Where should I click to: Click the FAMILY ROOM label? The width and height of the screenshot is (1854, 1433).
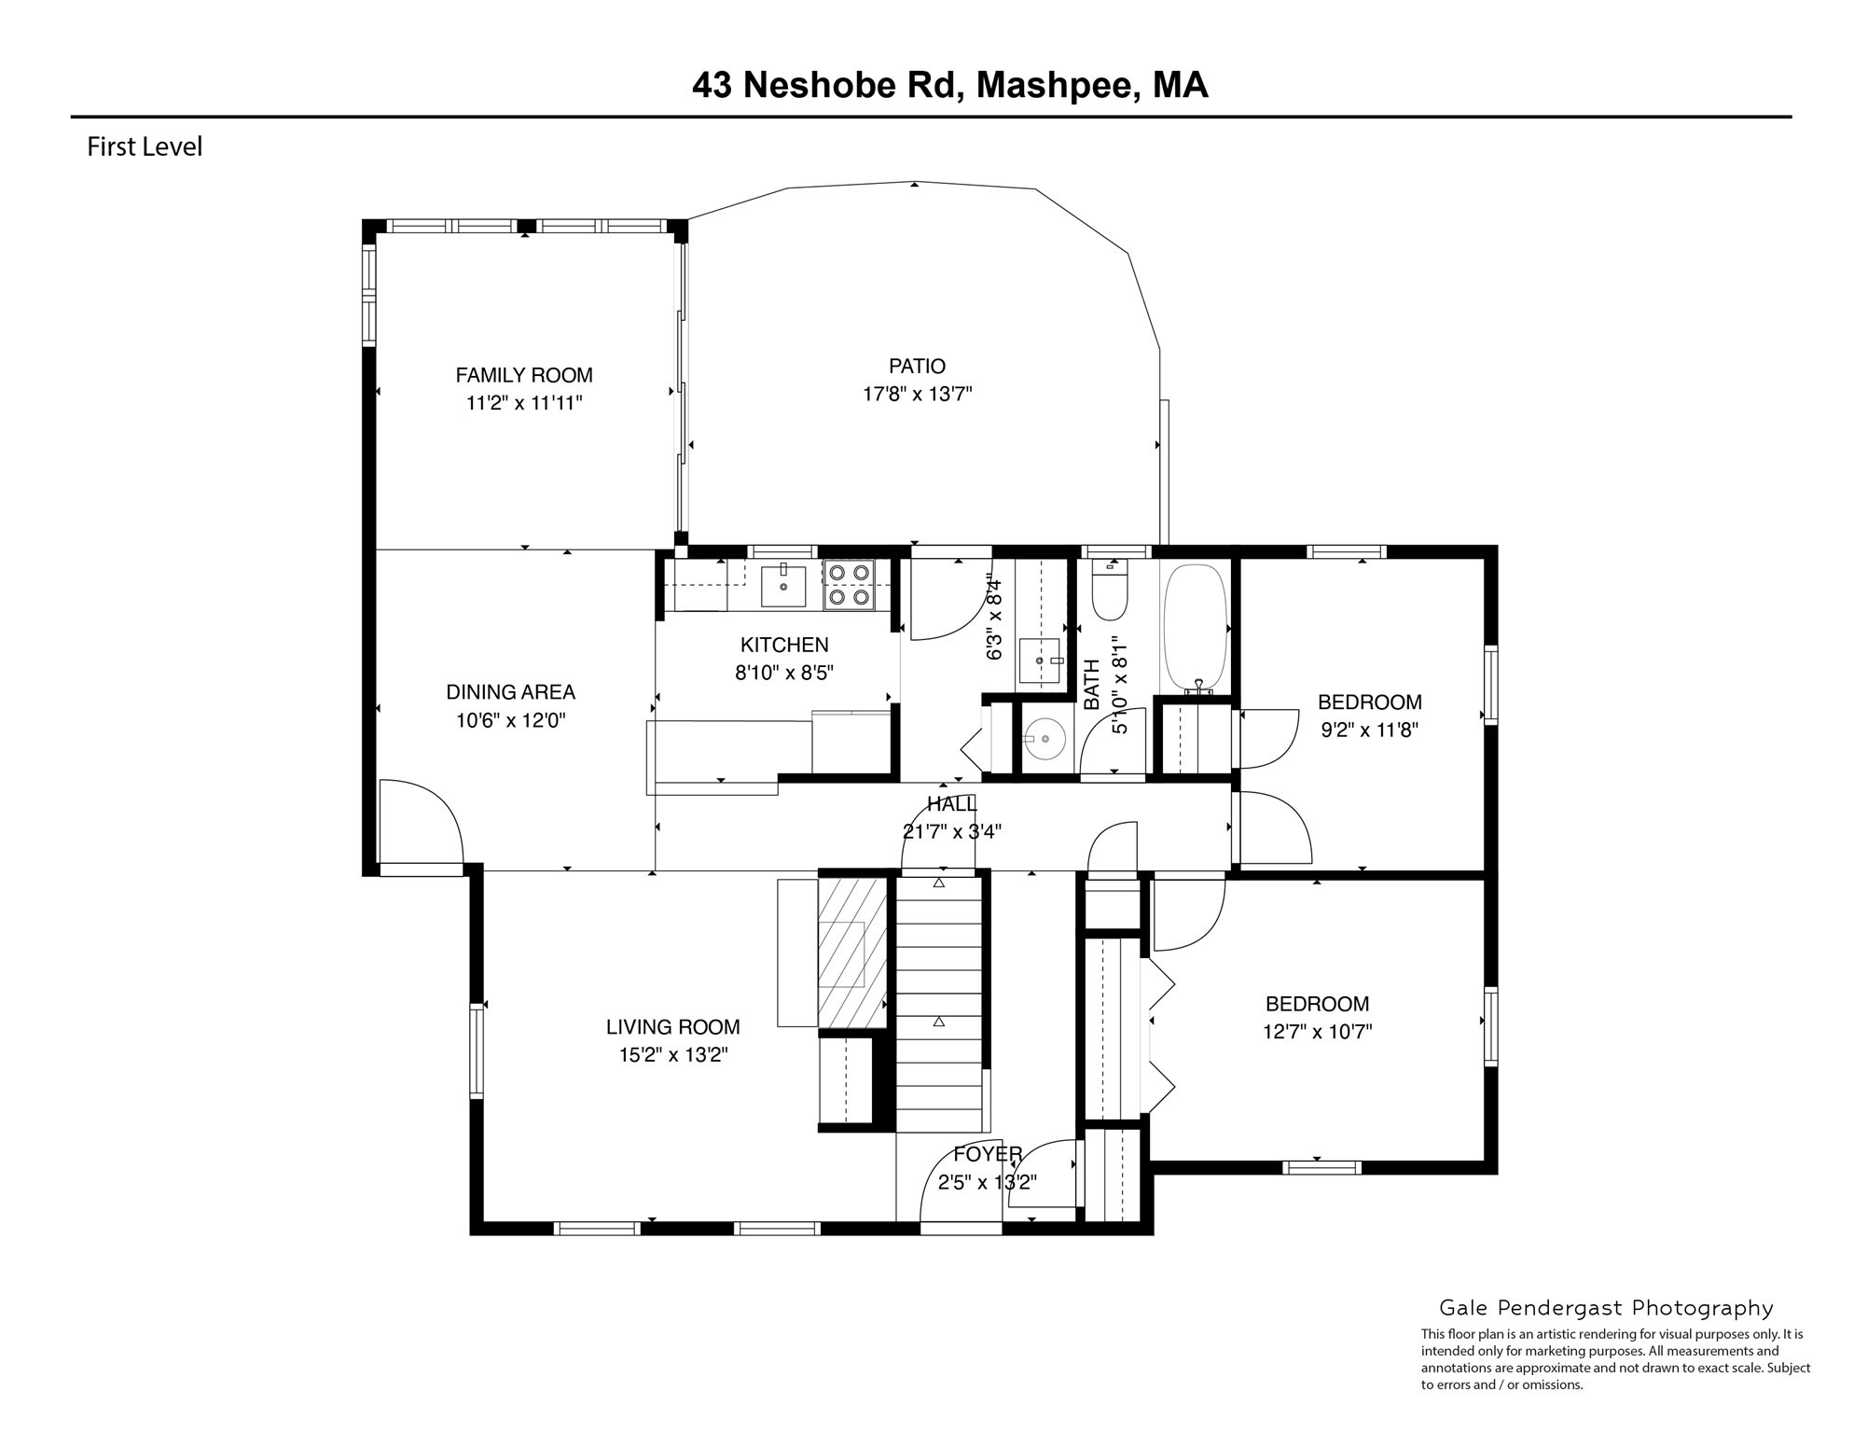523,375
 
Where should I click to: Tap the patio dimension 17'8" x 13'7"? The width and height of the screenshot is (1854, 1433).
917,395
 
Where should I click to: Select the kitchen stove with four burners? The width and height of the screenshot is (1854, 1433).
849,585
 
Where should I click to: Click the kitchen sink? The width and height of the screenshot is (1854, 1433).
783,585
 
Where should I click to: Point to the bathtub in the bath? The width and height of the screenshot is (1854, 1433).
1195,627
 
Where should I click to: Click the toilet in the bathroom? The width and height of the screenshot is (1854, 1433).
1110,591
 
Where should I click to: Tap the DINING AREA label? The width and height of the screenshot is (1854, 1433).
510,692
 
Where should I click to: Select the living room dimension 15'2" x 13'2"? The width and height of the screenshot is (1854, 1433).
673,1055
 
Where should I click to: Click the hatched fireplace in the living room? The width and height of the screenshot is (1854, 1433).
851,952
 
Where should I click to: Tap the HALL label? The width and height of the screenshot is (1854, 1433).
951,804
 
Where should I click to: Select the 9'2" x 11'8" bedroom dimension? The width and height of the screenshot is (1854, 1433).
1369,730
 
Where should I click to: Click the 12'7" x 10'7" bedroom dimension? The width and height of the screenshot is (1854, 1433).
1317,1032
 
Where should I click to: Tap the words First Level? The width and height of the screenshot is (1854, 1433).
145,147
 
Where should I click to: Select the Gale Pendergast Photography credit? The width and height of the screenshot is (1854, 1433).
1606,1308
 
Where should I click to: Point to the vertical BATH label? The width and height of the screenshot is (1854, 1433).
1092,684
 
